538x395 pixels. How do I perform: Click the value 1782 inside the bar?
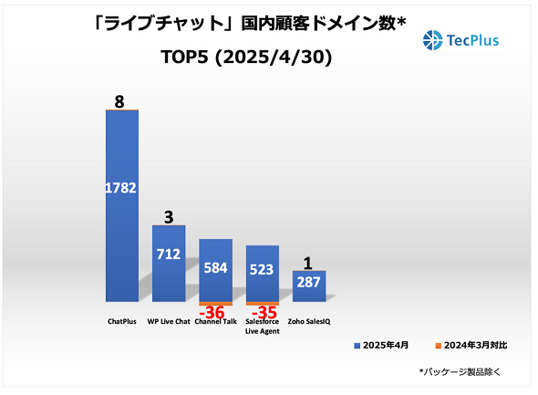tap(121, 189)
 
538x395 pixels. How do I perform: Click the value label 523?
tap(262, 271)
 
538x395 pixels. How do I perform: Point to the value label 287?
tap(308, 284)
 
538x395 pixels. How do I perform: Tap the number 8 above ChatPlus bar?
tap(119, 100)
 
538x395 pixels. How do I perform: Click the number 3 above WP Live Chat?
tap(168, 216)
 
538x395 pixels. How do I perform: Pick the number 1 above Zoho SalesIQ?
tap(309, 263)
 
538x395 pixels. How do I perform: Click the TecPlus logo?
tap(461, 40)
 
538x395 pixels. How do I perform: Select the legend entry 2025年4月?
tap(383, 346)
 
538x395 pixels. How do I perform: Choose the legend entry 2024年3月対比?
tap(466, 346)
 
